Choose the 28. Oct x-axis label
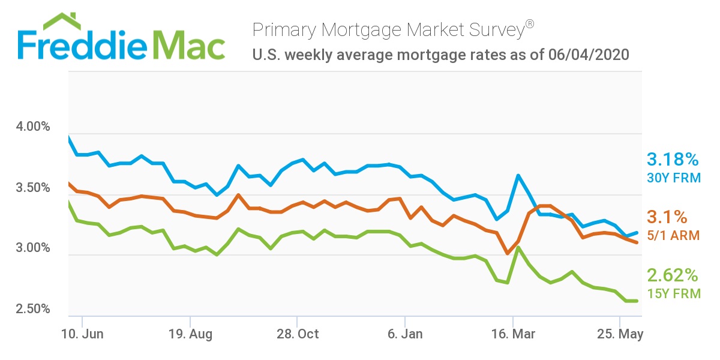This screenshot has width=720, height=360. (x=297, y=334)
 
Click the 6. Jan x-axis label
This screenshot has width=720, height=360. (x=405, y=334)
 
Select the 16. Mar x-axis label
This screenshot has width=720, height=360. (x=512, y=334)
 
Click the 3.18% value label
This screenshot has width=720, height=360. (x=673, y=160)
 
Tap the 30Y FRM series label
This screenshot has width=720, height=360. (x=673, y=178)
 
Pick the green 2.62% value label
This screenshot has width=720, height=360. (x=673, y=275)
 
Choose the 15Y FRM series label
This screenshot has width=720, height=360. (x=673, y=294)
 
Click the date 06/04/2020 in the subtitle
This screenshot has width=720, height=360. (x=588, y=55)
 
